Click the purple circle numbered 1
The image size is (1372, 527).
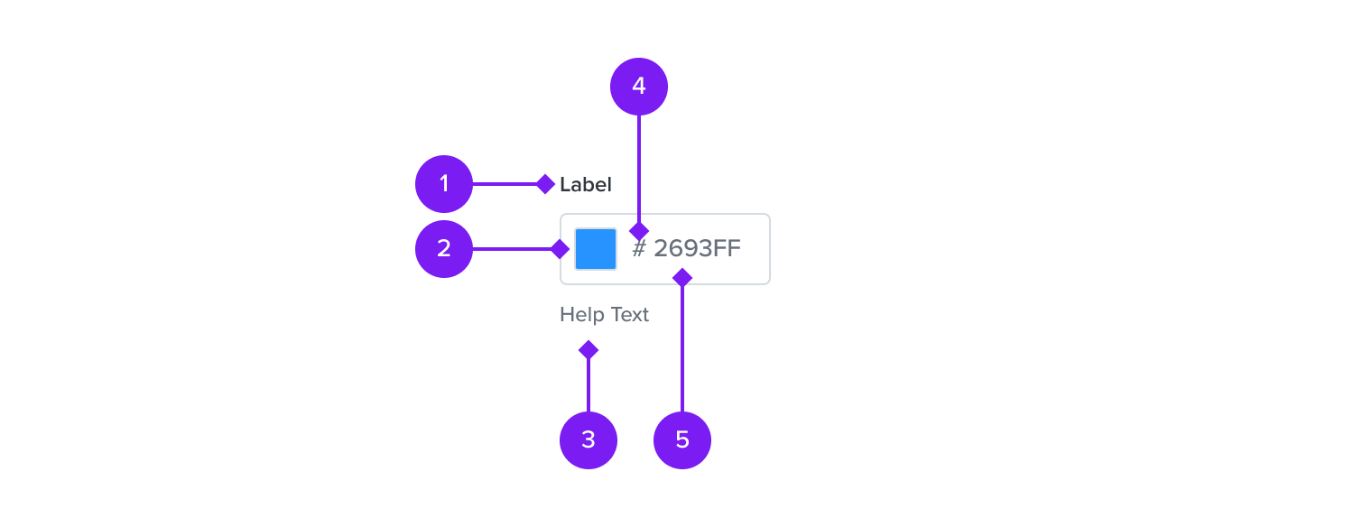tap(444, 184)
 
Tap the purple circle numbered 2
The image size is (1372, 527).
tap(444, 249)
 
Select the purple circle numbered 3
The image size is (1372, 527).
tap(589, 440)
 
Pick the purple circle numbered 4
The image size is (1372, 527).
tap(639, 87)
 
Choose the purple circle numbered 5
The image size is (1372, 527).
tap(682, 440)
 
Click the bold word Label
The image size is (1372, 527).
tap(586, 185)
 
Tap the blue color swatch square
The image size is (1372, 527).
tap(596, 249)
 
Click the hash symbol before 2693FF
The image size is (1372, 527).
tap(639, 248)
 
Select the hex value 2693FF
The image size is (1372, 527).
tap(697, 248)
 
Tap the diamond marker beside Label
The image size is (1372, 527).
tap(546, 184)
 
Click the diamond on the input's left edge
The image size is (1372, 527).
tap(560, 249)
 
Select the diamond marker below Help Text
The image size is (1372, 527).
tap(589, 350)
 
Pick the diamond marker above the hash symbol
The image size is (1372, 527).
tap(639, 231)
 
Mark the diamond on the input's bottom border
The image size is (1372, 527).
tap(682, 278)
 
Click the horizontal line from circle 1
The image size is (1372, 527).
tap(505, 184)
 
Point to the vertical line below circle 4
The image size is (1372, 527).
tap(639, 169)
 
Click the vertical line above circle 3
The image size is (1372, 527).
tap(589, 385)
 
